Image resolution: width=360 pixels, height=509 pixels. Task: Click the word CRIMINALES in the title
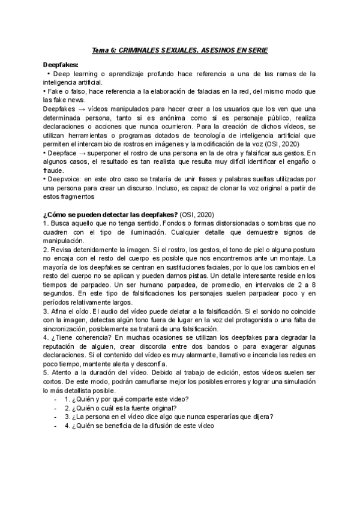click(142, 51)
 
